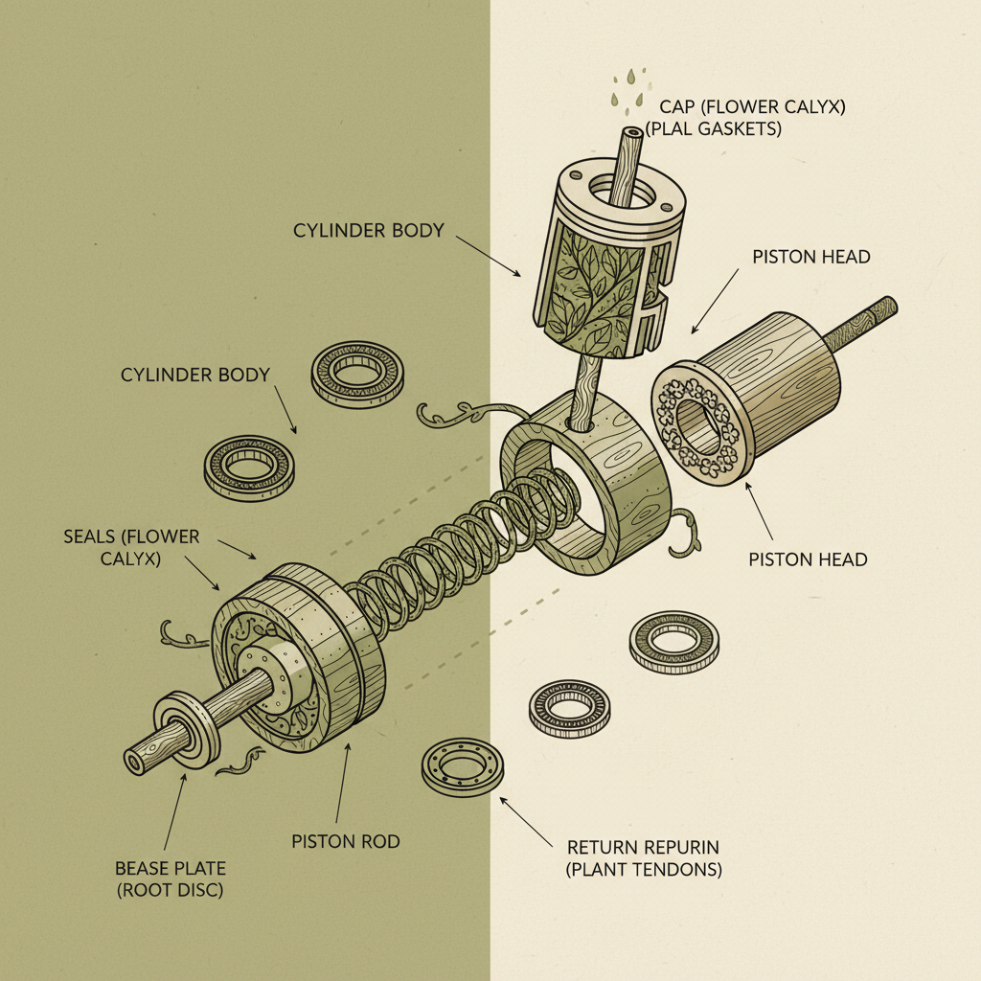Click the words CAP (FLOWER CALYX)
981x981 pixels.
pos(752,107)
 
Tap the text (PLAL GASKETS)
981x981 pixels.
pos(714,128)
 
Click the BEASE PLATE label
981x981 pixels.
pos(171,868)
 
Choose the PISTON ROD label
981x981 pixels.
pos(345,841)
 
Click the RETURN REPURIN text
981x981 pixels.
pos(642,848)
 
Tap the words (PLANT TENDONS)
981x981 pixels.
pos(644,870)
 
